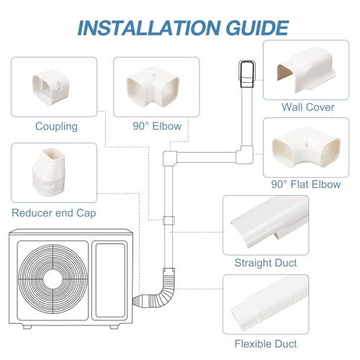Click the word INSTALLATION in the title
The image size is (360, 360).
149,28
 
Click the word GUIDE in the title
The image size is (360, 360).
257,28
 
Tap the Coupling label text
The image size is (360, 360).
56,127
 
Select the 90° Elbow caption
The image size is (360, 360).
157,126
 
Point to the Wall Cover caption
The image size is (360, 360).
308,107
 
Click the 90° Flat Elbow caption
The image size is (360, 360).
306,184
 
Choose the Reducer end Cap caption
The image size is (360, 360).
54,213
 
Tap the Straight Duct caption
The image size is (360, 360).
266,263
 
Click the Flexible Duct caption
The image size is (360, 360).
266,344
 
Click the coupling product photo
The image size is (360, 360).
51,86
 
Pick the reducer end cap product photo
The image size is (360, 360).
49,172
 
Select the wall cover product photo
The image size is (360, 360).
305,70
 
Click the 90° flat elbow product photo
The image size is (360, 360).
306,147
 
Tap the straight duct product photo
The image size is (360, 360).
269,224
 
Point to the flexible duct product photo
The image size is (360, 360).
269,305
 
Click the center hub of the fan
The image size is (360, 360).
53,279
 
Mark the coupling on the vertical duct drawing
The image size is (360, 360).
168,220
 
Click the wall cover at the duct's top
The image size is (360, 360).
247,74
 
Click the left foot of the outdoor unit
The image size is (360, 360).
27,327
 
